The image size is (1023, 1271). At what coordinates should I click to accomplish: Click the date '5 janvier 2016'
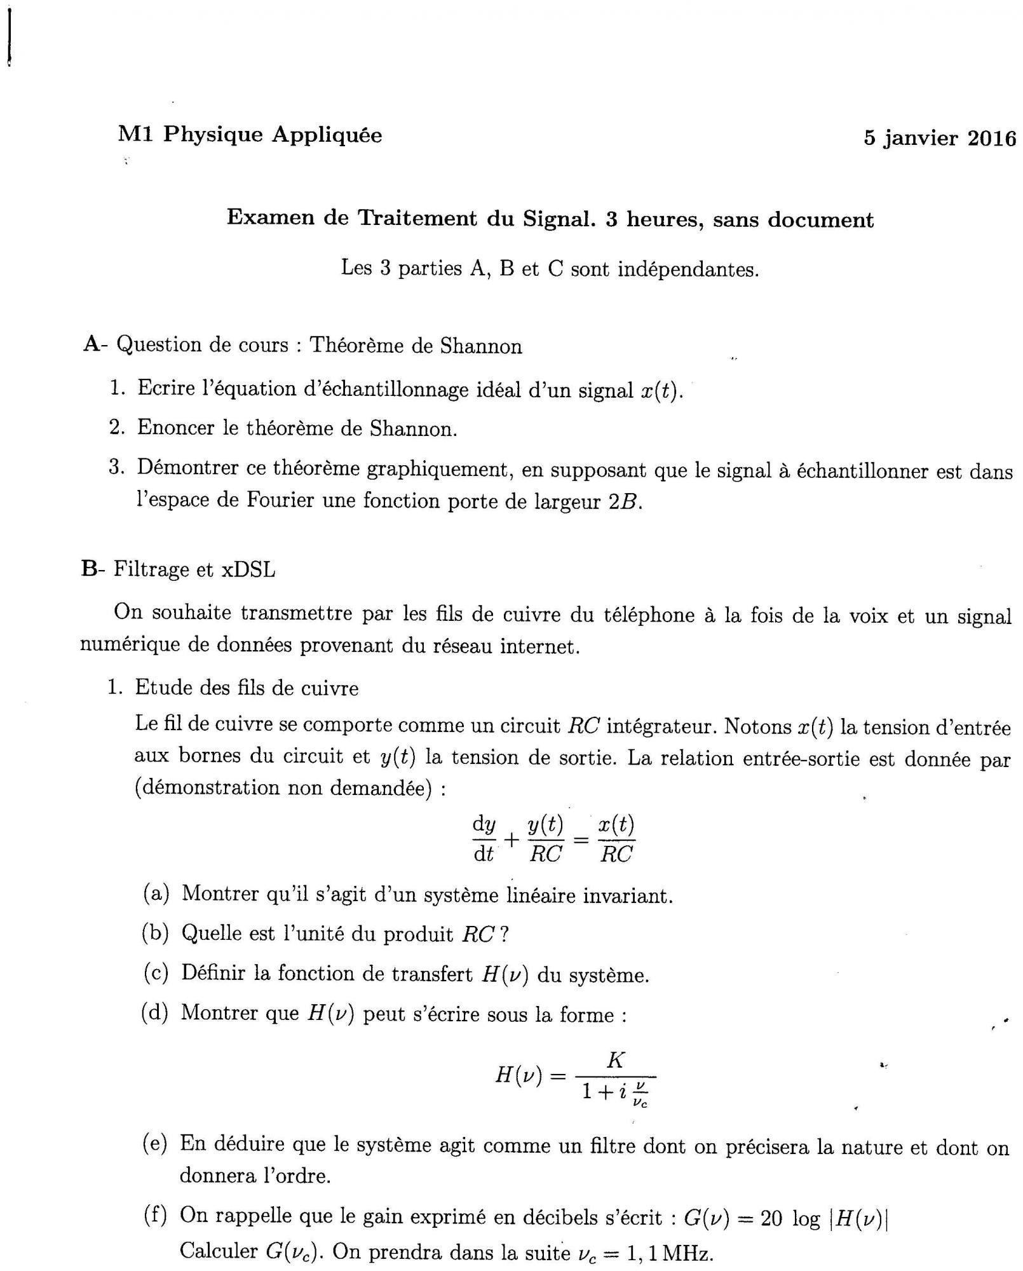[939, 138]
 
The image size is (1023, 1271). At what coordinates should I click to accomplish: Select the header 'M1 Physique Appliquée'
[250, 135]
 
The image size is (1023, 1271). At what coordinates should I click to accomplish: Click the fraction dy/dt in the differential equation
[484, 839]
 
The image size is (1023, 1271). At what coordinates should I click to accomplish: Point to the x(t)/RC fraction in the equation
[616, 839]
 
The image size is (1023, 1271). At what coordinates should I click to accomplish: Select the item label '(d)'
[155, 1013]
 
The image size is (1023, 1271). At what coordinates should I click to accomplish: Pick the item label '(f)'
[155, 1215]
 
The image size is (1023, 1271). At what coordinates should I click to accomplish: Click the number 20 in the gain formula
[771, 1218]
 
